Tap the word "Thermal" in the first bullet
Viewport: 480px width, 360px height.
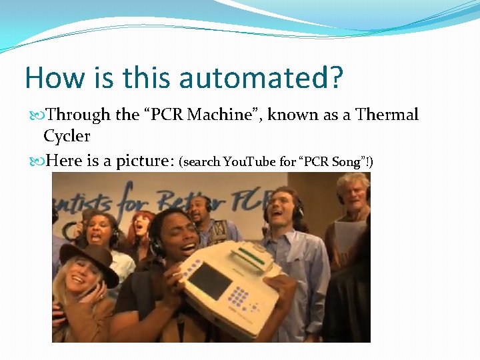[x=387, y=115]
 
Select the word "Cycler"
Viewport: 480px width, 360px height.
[x=67, y=136]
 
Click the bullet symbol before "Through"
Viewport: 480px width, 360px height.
[x=37, y=115]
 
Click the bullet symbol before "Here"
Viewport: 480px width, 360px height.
[x=37, y=161]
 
